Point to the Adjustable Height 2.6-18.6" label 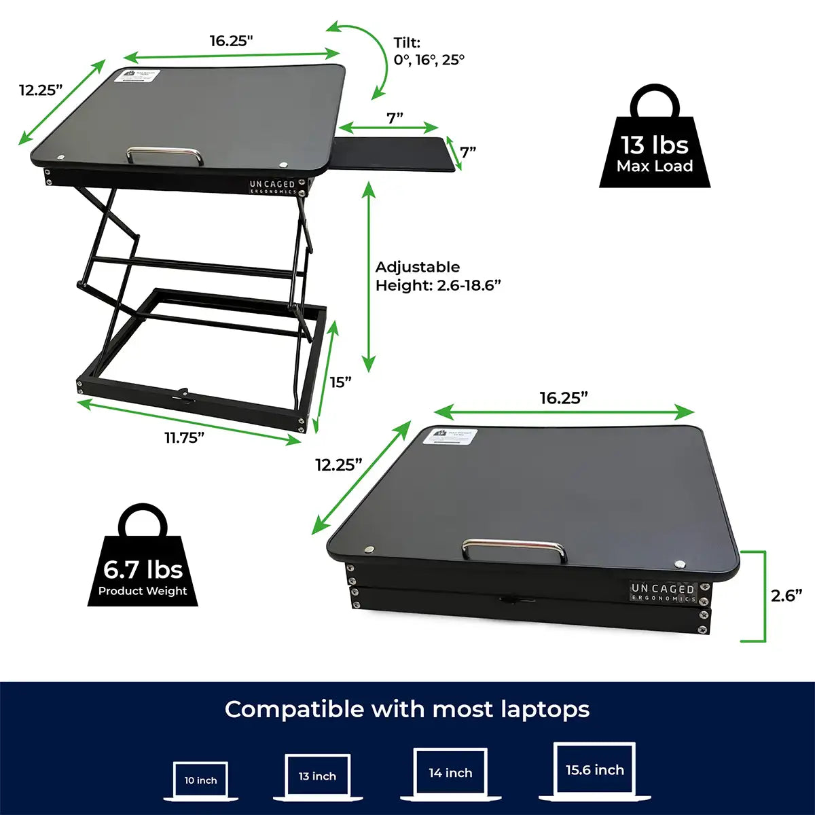point(438,276)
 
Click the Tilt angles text point(429,52)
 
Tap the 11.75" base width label point(185,438)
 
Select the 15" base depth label point(341,382)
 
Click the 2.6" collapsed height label point(786,596)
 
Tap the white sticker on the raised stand point(136,76)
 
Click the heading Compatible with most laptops point(407,710)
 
